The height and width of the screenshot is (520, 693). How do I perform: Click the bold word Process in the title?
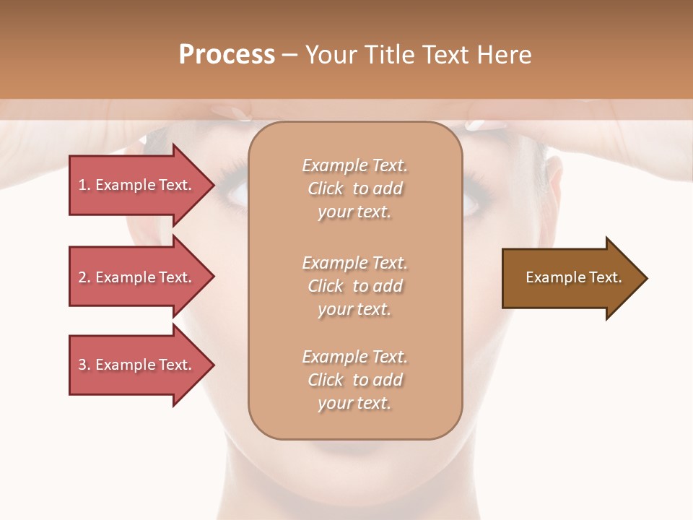tap(227, 55)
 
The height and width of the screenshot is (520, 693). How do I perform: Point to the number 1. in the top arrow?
tap(84, 185)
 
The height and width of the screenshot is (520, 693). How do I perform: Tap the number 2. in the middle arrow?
tap(84, 277)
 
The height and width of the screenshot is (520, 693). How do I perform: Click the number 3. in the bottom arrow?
tap(84, 365)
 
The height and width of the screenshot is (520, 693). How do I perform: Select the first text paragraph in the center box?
tap(354, 188)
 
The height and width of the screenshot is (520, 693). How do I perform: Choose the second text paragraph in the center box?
tap(354, 285)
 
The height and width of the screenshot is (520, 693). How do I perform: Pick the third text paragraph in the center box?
tap(354, 380)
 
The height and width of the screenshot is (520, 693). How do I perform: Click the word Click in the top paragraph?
tap(326, 189)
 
